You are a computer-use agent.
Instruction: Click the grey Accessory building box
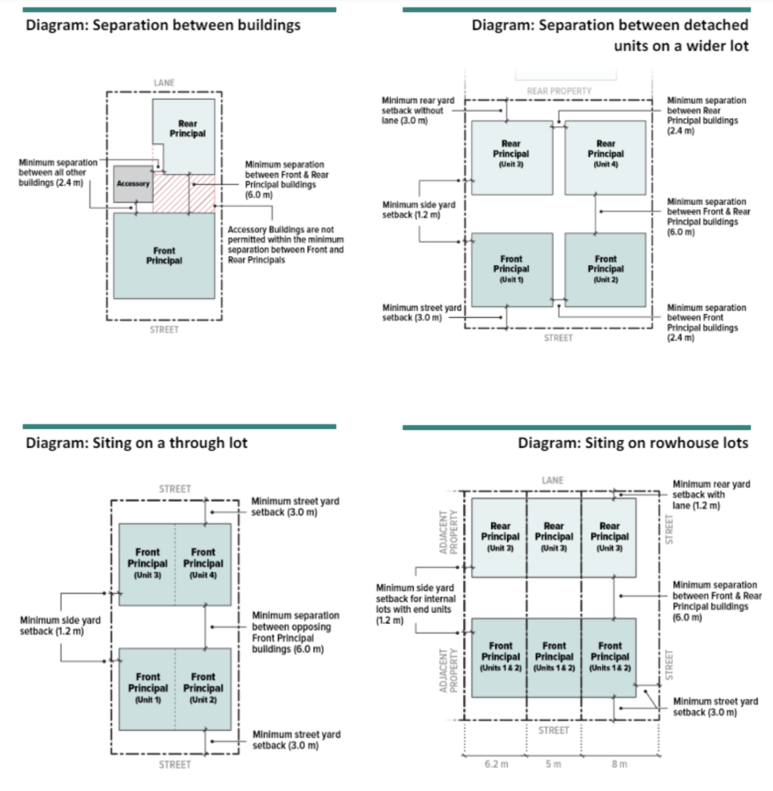coord(133,184)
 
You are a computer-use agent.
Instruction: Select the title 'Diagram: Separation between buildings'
coord(163,26)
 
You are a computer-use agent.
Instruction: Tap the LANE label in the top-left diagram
coord(164,83)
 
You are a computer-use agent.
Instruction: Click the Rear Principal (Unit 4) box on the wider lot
coord(606,157)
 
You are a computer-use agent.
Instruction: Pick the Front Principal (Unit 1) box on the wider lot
coord(511,268)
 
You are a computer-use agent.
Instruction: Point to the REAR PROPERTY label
coord(559,91)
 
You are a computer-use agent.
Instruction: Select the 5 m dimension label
coord(553,764)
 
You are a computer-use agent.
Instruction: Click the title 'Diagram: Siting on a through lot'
coord(137,443)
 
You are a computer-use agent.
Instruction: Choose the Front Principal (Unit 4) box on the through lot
coord(203,564)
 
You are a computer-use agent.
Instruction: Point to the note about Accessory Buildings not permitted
coord(286,245)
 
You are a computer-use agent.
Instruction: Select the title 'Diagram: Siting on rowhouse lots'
coord(633,443)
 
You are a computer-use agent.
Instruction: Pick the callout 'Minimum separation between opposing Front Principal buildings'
coord(296,632)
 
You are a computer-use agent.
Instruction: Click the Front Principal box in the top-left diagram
coord(164,256)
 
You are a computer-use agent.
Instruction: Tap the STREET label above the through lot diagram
coord(175,489)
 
